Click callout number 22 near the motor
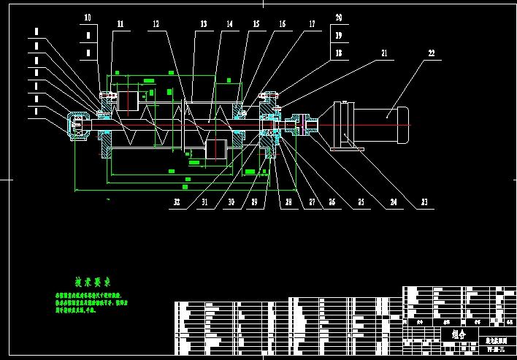pyautogui.click(x=431, y=53)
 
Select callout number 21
pyautogui.click(x=384, y=53)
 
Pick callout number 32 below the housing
pyautogui.click(x=177, y=202)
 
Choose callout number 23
pyautogui.click(x=427, y=202)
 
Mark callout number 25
pyautogui.click(x=361, y=202)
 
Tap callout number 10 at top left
pyautogui.click(x=88, y=18)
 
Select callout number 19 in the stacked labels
pyautogui.click(x=339, y=35)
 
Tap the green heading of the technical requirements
pyautogui.click(x=92, y=282)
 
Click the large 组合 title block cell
pyautogui.click(x=459, y=334)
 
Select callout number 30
pyautogui.click(x=230, y=202)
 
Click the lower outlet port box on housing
pyautogui.click(x=218, y=149)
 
